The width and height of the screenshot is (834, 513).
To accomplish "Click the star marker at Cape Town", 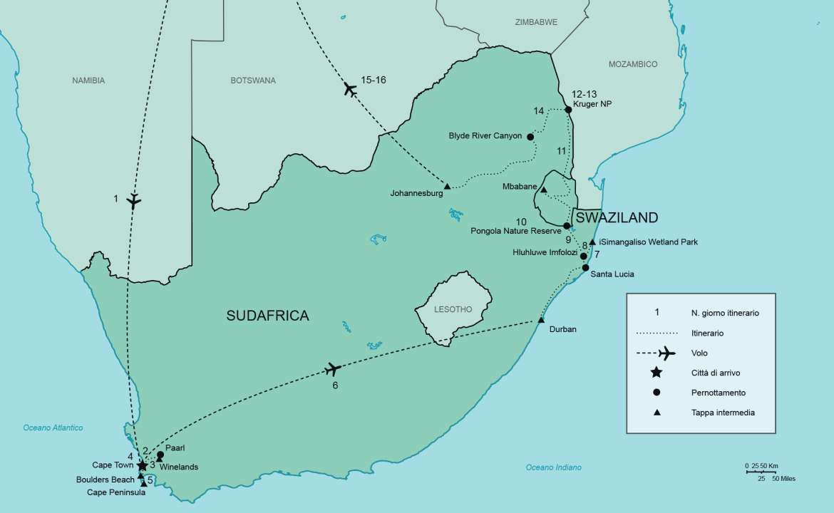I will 142,465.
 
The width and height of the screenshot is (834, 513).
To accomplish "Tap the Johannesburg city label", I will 416,193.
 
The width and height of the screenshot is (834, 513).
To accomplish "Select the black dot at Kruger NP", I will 568,110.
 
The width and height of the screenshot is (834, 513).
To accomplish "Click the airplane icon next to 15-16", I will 349,89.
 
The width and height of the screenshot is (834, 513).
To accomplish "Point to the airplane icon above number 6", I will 332,369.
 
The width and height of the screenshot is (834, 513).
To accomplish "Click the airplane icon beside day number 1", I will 133,200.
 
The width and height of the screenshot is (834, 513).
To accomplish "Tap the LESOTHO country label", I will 453,309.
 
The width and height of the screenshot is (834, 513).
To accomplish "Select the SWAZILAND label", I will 617,217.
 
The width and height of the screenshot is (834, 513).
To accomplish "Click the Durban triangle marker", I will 541,320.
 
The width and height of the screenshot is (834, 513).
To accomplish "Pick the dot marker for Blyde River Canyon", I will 530,136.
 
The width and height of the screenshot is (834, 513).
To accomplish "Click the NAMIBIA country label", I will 88,81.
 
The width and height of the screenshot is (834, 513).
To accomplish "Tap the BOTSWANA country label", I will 253,81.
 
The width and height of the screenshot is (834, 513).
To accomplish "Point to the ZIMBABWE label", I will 535,23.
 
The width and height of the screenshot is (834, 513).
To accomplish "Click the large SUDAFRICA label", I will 267,316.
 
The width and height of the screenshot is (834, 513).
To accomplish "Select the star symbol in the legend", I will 657,373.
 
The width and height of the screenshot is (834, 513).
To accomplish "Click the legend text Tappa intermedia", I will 723,413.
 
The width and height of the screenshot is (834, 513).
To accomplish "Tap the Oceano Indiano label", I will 554,467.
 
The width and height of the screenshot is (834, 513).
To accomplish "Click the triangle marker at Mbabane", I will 543,190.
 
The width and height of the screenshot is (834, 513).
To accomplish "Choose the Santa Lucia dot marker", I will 585,268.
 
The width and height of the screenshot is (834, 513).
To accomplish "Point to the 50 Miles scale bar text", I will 783,479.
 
